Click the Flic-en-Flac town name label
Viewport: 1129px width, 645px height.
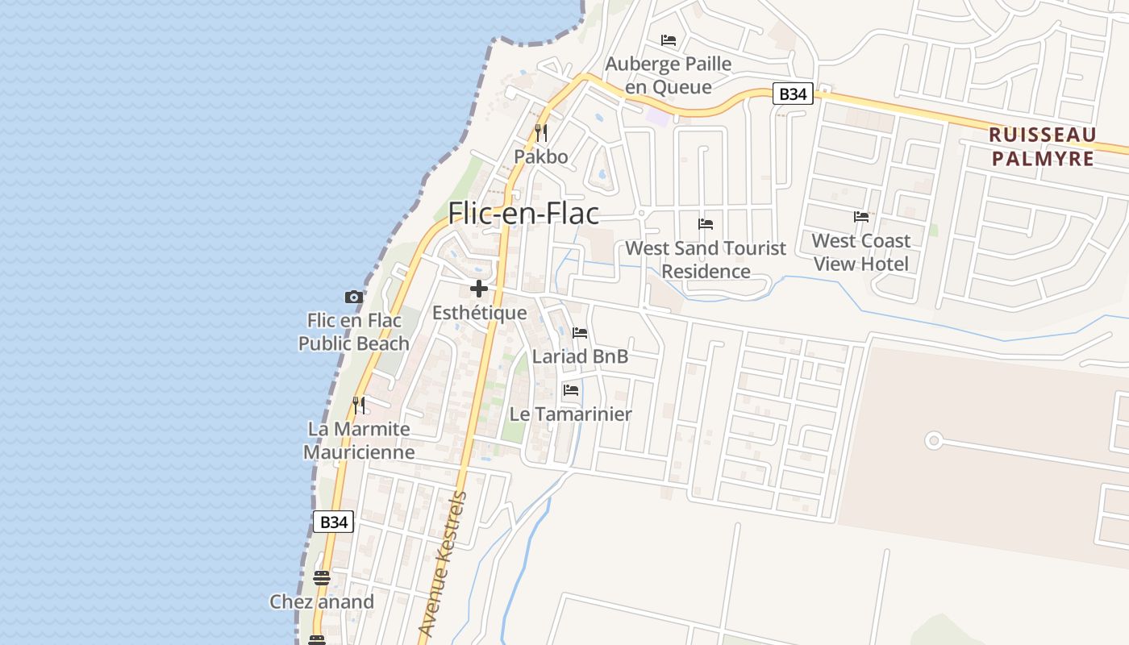523,213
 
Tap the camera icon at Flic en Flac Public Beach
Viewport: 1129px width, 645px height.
353,297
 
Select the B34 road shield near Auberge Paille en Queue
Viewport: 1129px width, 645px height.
793,94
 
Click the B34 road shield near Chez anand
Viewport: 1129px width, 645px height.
333,522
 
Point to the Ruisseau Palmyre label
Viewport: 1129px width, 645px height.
1043,146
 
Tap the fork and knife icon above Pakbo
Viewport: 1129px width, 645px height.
541,132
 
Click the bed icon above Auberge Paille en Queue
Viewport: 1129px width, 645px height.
669,40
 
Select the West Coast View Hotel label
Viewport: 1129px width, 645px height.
860,252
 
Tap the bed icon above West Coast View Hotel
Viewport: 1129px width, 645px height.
860,216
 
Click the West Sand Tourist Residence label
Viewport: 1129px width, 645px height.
706,259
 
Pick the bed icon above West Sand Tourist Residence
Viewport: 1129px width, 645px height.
706,223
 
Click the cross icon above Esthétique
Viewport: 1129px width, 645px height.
479,289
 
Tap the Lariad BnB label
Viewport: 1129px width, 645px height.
580,356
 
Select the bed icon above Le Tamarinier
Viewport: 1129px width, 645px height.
571,390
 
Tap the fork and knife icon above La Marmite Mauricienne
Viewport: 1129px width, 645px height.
359,405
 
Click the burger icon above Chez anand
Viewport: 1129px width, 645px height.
321,577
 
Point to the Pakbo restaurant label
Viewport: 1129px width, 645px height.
541,156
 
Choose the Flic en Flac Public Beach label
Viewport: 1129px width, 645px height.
354,331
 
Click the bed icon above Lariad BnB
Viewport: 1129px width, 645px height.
580,332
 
